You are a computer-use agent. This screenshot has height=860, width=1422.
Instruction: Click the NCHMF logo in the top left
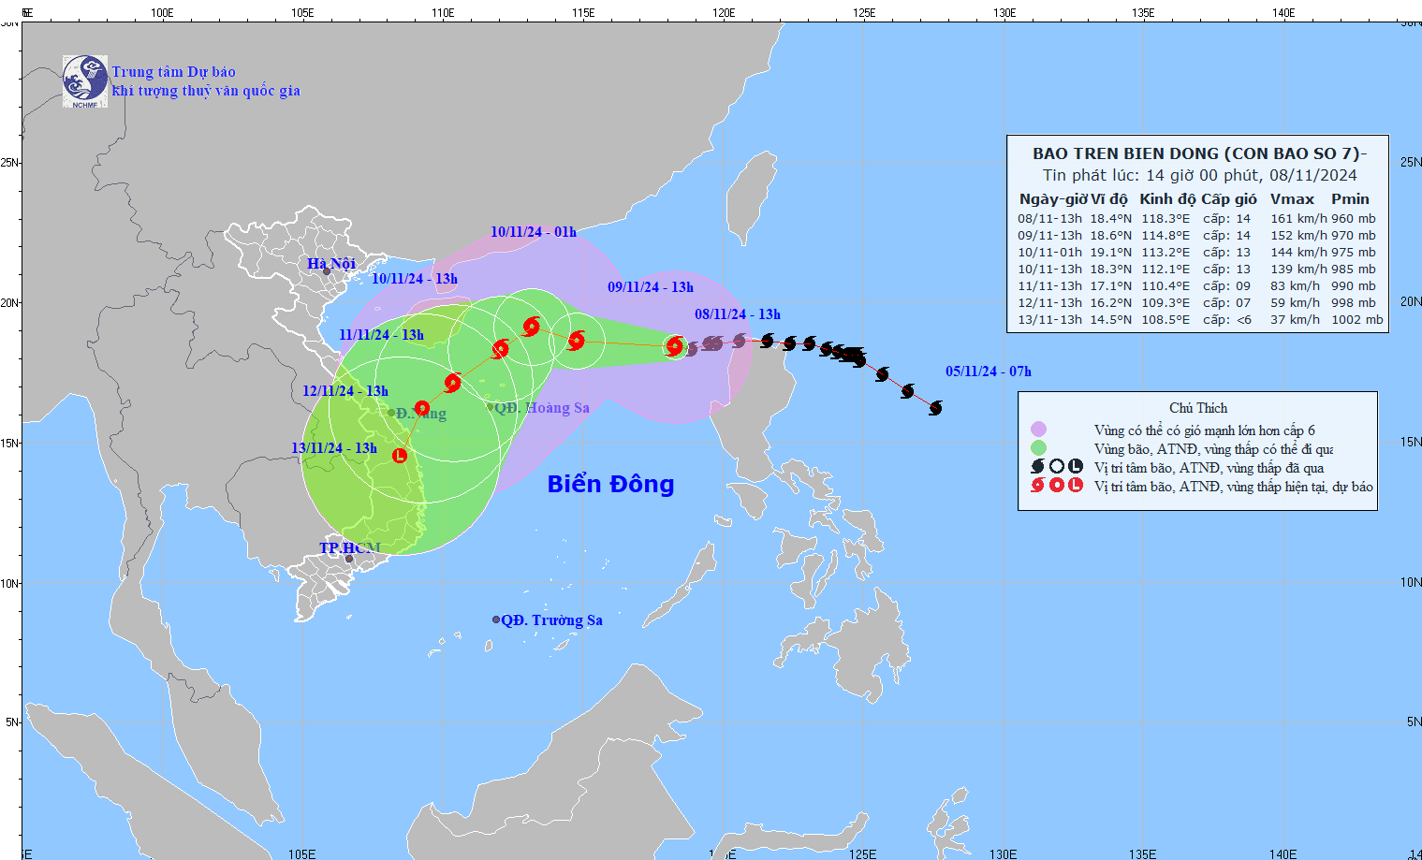[x=85, y=80]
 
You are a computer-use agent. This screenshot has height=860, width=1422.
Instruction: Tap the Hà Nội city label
[x=331, y=264]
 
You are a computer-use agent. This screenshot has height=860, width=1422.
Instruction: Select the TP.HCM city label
[x=350, y=547]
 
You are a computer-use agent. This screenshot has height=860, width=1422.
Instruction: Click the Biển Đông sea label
[x=610, y=484]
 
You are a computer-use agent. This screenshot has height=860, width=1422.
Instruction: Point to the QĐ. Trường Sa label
[x=551, y=620]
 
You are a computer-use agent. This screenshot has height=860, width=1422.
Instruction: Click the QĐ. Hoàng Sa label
[x=542, y=408]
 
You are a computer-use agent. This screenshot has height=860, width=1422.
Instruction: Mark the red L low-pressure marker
[x=400, y=456]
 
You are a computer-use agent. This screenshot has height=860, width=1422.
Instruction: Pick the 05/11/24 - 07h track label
[x=988, y=372]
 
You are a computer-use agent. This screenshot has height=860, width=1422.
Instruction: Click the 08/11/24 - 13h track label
[x=737, y=314]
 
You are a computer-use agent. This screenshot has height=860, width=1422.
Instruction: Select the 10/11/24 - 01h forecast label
[x=533, y=232]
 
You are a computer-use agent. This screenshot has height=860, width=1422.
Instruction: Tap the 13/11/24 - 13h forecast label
[x=333, y=448]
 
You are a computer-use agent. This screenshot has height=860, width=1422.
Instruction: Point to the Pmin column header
[x=1350, y=199]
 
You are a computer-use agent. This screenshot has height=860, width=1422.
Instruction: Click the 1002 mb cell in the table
[x=1356, y=320]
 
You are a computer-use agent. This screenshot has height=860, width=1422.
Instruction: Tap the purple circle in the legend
[x=1038, y=430]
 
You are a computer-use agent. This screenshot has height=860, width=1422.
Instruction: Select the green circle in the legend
[x=1038, y=448]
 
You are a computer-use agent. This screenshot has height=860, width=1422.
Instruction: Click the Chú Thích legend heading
[x=1197, y=408]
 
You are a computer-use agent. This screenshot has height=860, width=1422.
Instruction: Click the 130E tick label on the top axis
[x=1004, y=13]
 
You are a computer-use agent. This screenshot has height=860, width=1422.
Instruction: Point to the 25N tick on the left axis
[x=9, y=163]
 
